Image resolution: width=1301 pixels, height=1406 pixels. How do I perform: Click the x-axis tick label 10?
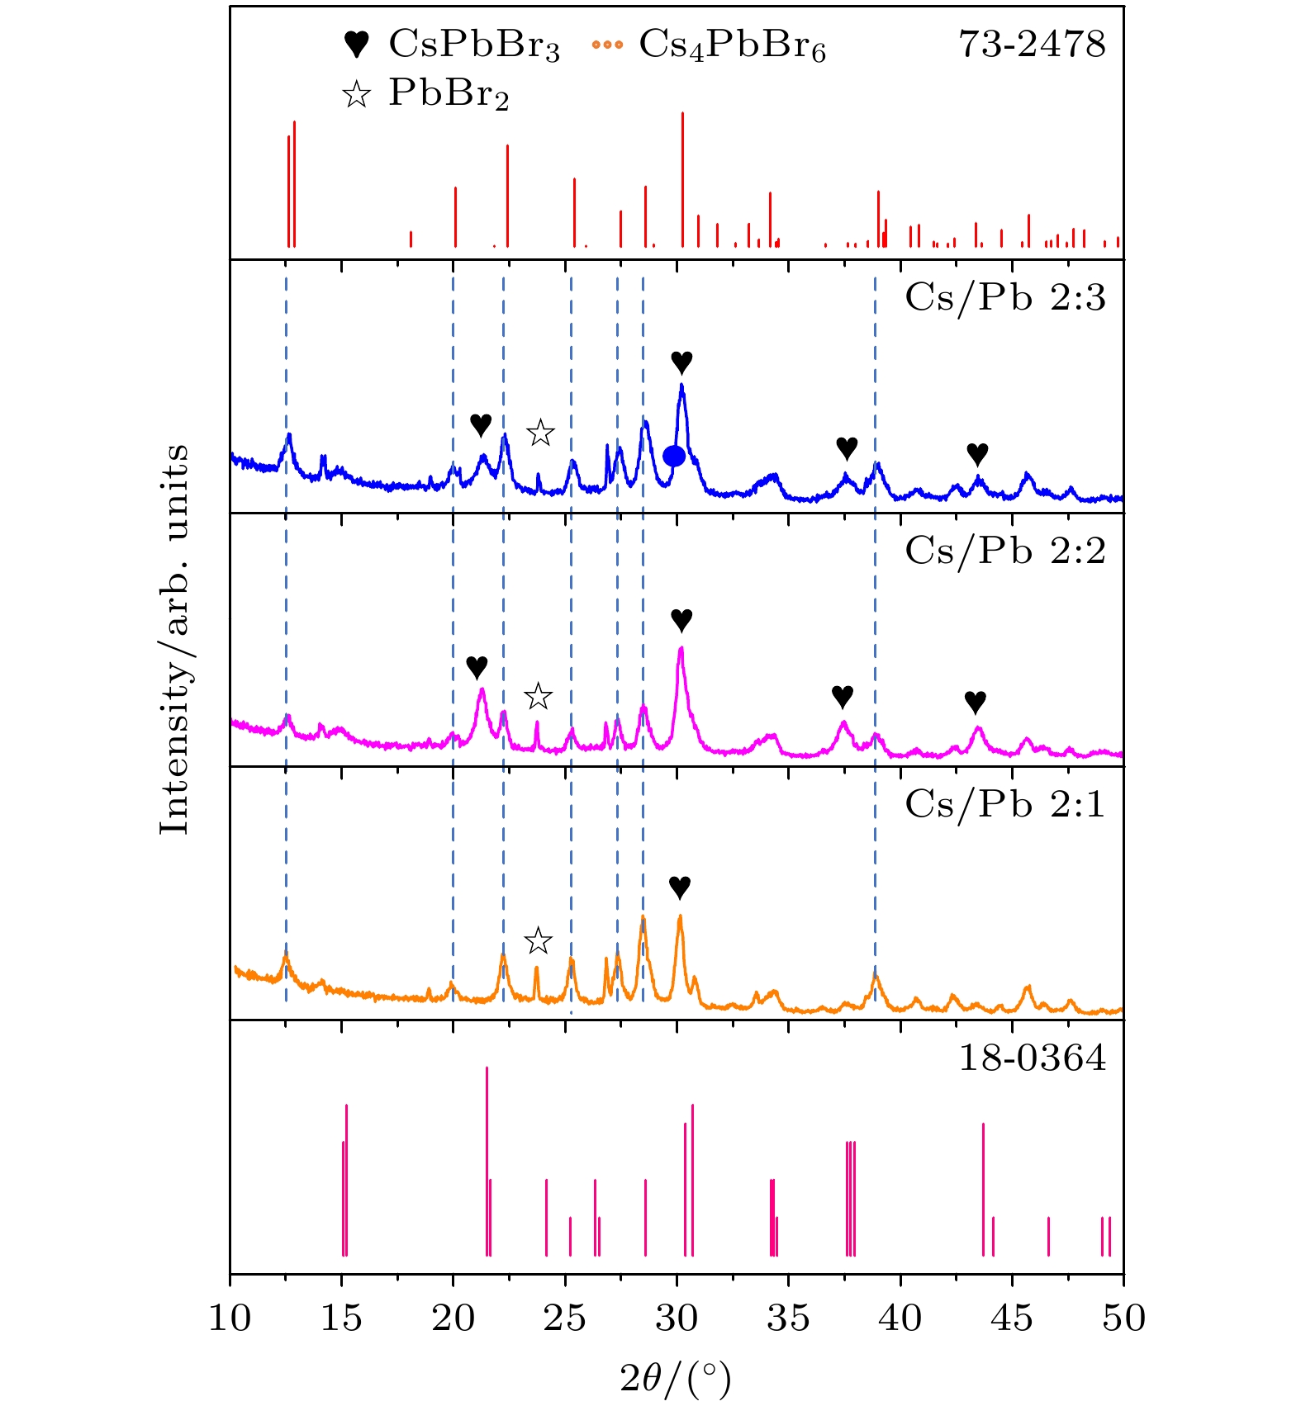point(230,1318)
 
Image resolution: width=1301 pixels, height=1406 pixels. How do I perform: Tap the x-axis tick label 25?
point(565,1318)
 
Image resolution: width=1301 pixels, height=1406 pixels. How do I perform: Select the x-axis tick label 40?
point(900,1318)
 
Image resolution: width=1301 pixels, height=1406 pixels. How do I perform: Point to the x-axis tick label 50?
point(1123,1318)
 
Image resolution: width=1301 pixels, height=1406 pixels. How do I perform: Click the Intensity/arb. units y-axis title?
point(175,639)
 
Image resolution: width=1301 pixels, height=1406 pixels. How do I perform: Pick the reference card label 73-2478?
point(1032,45)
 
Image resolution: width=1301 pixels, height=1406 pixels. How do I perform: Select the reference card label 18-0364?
point(1032,1058)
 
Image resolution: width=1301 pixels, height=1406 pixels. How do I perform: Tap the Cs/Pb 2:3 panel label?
point(1004,297)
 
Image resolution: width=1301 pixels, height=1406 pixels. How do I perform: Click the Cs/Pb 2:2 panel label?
point(1004,551)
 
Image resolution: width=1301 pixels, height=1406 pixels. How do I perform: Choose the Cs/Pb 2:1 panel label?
point(1004,804)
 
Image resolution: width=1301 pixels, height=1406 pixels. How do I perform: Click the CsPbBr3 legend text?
point(474,45)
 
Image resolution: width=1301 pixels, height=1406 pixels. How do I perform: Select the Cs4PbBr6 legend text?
point(732,45)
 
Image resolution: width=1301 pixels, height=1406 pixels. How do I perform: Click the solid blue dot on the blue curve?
point(674,456)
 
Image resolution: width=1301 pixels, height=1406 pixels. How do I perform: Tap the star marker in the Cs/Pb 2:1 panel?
point(539,940)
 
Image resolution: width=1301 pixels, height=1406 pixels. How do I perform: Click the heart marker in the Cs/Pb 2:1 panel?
point(680,888)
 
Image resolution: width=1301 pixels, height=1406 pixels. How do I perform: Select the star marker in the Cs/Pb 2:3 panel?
point(540,433)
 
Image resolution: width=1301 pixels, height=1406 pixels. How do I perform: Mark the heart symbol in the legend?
point(356,44)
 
